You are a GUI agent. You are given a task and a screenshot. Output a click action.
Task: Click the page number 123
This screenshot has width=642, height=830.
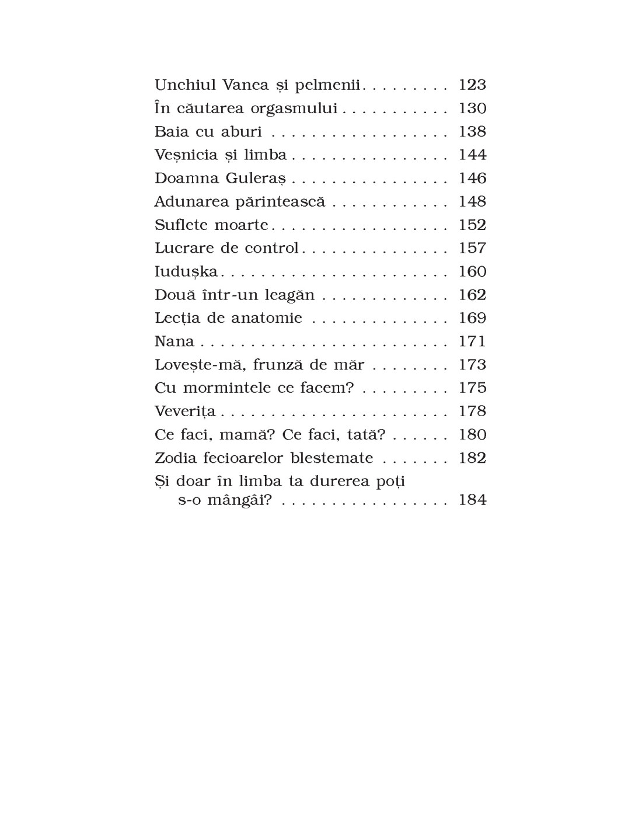tap(472, 85)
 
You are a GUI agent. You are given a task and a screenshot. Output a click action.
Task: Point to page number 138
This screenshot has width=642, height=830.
tap(472, 131)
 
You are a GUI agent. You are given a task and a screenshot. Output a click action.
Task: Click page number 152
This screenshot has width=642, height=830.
tap(472, 225)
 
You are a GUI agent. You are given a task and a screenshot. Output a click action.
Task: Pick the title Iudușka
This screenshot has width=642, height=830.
tap(186, 272)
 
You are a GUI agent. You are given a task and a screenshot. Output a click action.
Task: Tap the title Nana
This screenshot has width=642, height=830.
tap(174, 341)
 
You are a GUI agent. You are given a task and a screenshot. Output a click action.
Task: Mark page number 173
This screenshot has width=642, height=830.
tap(472, 365)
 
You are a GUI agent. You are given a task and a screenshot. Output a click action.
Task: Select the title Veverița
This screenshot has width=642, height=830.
tap(185, 411)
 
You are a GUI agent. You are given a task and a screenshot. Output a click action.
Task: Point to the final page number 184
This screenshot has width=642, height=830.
tap(472, 500)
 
